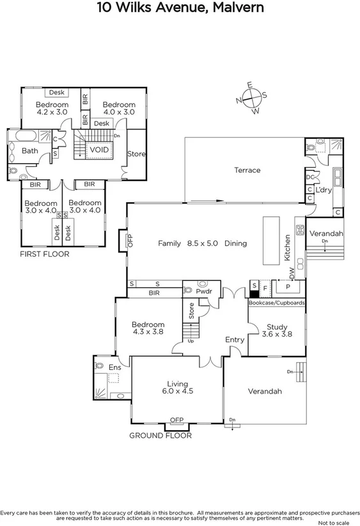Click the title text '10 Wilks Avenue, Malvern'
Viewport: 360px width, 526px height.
[180, 8]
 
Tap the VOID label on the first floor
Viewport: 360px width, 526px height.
[98, 150]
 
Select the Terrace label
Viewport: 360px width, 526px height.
[247, 170]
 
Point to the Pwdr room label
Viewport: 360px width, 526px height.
[204, 291]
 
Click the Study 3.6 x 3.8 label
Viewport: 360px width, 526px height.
[278, 330]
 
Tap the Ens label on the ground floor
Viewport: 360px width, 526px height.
[114, 367]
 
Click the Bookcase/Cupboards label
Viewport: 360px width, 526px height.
[276, 302]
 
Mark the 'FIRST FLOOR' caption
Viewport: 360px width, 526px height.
[44, 254]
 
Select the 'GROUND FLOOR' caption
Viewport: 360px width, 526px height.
[160, 435]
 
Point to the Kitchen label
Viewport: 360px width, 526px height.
[288, 249]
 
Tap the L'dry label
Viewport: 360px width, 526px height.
[323, 190]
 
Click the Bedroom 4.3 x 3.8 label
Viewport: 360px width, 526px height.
[148, 328]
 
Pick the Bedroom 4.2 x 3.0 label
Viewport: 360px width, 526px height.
[52, 108]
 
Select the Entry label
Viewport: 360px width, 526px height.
[235, 340]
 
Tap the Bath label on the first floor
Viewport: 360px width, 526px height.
[29, 151]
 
